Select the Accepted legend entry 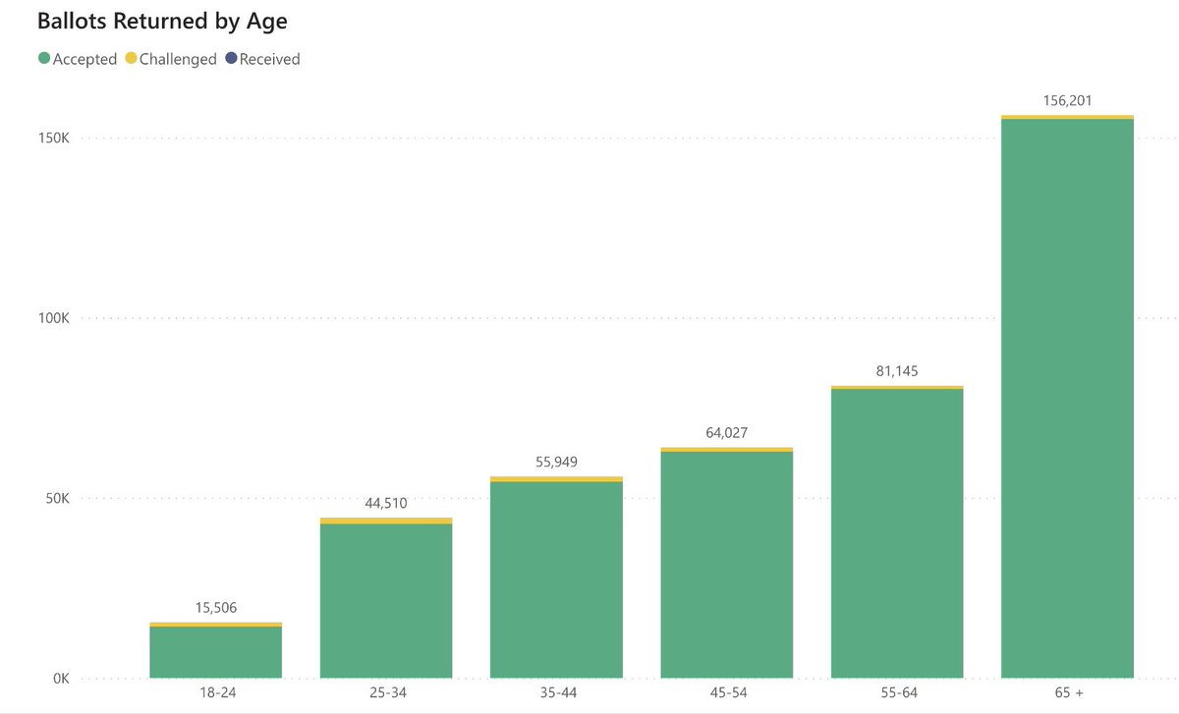tap(78, 59)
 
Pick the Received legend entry tap(262, 59)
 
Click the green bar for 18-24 tap(216, 652)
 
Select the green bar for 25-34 tap(386, 600)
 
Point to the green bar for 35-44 tap(556, 579)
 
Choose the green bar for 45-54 tap(726, 565)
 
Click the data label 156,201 tap(1067, 100)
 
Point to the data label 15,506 tap(216, 608)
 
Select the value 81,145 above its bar tap(897, 371)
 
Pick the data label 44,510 tap(386, 503)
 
